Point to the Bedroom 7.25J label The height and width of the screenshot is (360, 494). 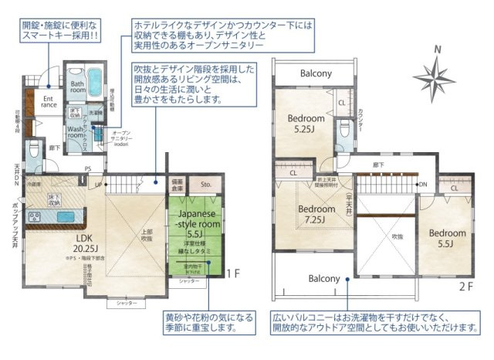(x=317, y=214)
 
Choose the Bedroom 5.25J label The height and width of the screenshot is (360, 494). (x=306, y=124)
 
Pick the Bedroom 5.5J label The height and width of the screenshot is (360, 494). (x=448, y=238)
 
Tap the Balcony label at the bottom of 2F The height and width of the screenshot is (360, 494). (x=324, y=278)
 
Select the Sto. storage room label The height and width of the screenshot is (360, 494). (x=205, y=185)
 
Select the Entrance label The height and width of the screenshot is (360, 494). (x=48, y=103)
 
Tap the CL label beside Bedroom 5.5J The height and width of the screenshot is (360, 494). (x=455, y=187)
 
